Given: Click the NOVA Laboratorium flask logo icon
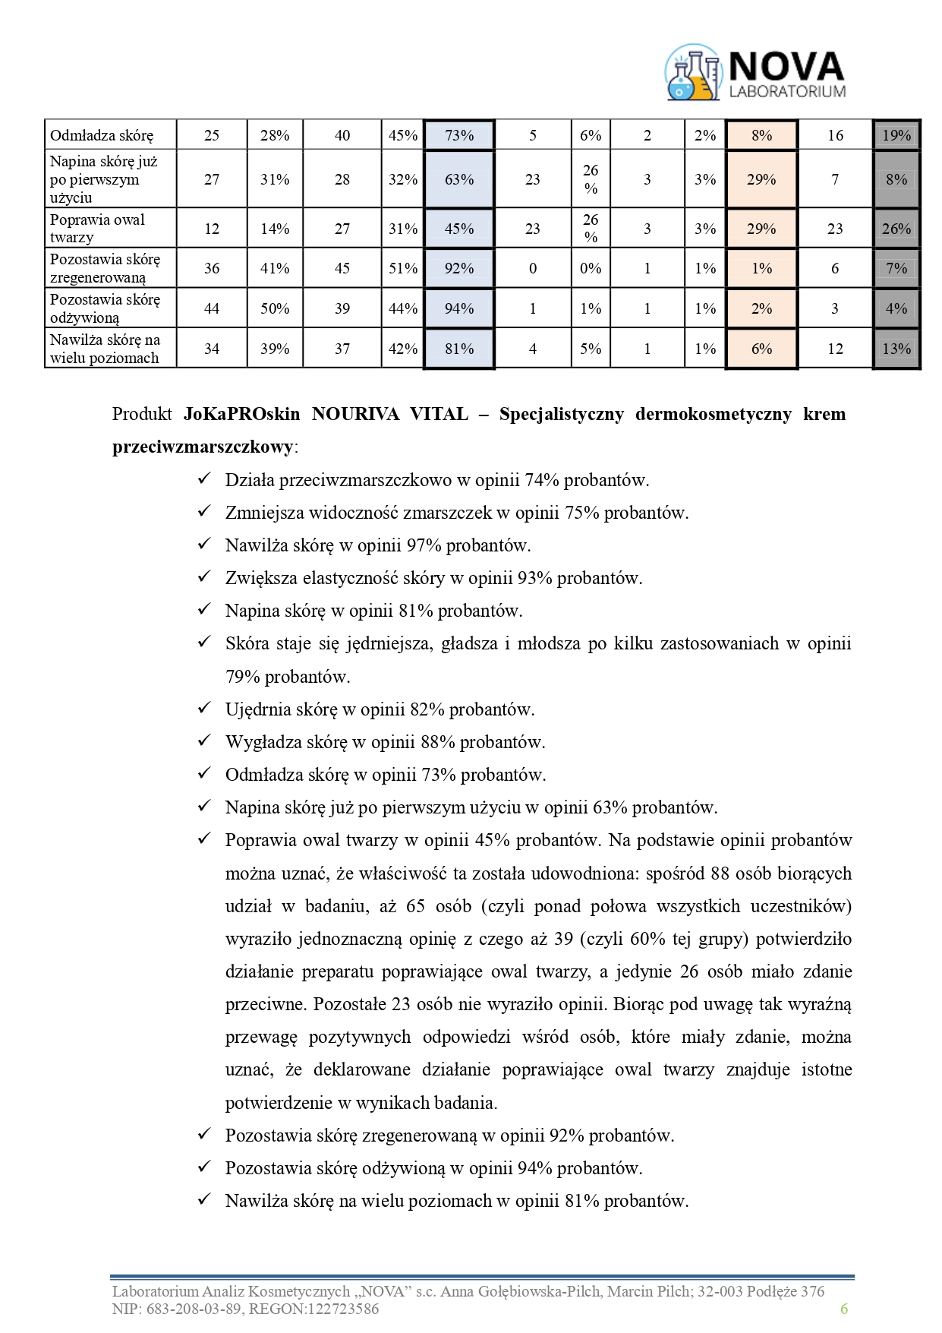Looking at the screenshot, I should (692, 73).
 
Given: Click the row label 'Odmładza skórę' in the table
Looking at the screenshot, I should (102, 136).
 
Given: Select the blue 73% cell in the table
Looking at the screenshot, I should (458, 135).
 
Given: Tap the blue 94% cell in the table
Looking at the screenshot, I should (458, 308).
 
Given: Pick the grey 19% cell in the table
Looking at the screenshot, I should (896, 135).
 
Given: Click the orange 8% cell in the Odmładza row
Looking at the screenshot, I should (761, 135).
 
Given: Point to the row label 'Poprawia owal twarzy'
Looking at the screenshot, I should (97, 229).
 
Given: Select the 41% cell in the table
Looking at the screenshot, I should (275, 268).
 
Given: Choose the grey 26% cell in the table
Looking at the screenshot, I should (896, 229).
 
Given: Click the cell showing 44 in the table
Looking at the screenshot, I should (212, 308).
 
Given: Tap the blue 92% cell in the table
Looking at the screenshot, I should (458, 268).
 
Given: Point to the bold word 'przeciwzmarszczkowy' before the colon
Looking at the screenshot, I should (203, 447).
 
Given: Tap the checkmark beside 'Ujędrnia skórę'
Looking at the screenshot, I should (203, 709).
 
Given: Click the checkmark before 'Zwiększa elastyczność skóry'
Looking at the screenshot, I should (203, 577).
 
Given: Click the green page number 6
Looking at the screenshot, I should (843, 1308).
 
